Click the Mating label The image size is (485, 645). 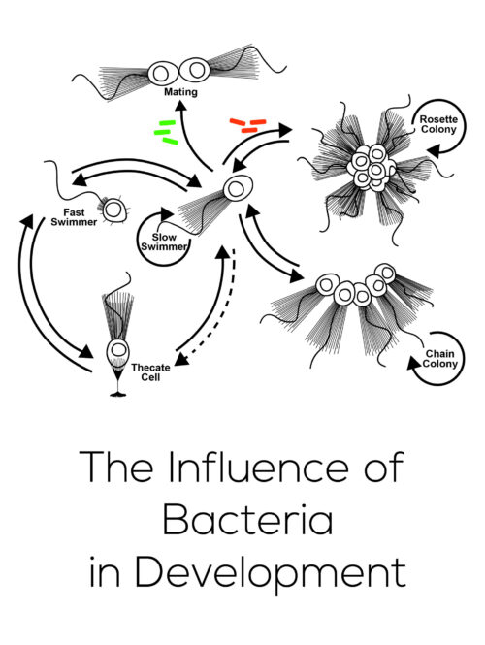[x=180, y=92]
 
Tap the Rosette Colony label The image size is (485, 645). [x=438, y=124]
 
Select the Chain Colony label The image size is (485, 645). [x=439, y=359]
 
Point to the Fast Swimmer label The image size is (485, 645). [x=74, y=217]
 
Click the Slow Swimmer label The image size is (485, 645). [x=164, y=242]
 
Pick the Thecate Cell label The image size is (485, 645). [x=150, y=372]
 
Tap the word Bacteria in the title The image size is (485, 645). [x=247, y=519]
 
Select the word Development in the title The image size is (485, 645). [x=271, y=573]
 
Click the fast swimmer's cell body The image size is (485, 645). [x=113, y=210]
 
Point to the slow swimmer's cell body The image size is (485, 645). [x=238, y=188]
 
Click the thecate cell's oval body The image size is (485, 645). [x=118, y=351]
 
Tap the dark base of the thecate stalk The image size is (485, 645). [x=118, y=395]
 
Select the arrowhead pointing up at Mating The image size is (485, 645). [x=179, y=106]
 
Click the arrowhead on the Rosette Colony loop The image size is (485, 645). [x=434, y=151]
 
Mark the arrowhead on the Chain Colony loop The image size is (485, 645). [x=414, y=363]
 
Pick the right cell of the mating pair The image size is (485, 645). [x=195, y=71]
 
